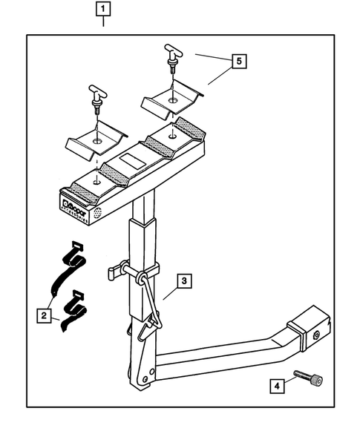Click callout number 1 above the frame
[103, 10]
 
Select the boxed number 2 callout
[46, 316]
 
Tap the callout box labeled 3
[184, 281]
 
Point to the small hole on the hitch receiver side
[317, 335]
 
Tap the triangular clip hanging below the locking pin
[153, 322]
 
